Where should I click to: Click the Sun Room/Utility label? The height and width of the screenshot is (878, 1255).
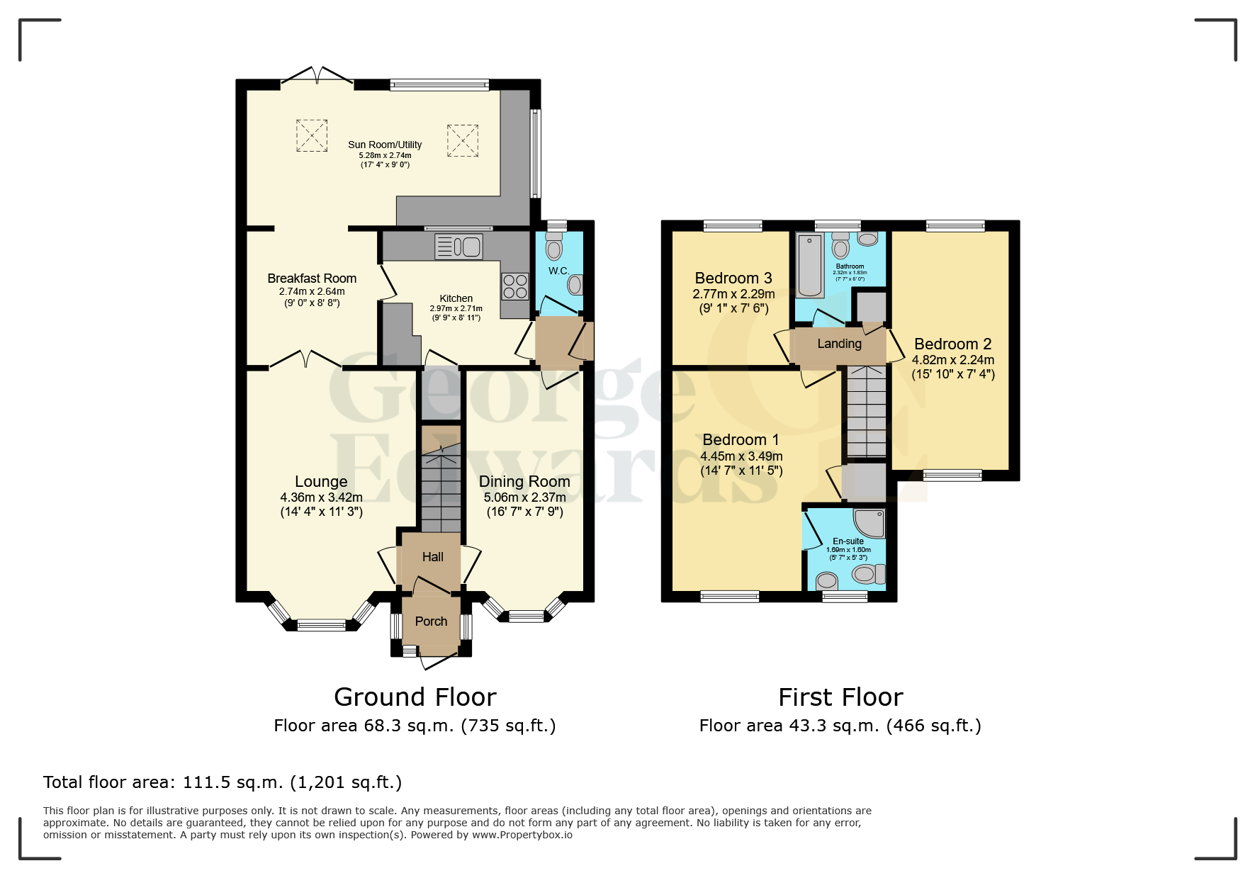tap(385, 145)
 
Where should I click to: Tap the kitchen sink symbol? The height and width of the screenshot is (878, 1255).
tap(458, 247)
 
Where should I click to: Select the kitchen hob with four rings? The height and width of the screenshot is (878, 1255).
tap(515, 286)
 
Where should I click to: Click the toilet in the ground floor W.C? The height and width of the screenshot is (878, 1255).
tap(553, 246)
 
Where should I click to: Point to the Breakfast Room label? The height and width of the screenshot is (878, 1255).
tap(312, 278)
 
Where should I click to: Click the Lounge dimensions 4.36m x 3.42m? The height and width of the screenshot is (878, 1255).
tap(321, 497)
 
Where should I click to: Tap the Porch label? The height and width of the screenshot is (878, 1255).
tap(431, 621)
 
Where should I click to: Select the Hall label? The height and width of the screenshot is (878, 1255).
tap(432, 557)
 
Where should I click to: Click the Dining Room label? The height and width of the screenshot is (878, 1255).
tap(524, 482)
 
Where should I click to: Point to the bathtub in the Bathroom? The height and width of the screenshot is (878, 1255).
tap(809, 266)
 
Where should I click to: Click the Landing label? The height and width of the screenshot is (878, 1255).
tap(839, 344)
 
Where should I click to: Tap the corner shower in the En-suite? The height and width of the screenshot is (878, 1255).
tap(870, 523)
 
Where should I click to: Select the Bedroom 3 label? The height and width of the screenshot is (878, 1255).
tap(733, 278)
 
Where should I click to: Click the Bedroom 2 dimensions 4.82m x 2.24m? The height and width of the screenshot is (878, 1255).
tap(952, 360)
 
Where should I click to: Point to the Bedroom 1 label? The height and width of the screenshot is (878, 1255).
tap(741, 439)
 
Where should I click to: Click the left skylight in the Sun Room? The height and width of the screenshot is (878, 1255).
tap(312, 135)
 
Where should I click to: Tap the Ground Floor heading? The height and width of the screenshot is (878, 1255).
tap(415, 697)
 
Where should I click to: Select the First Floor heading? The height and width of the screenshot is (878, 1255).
tap(840, 697)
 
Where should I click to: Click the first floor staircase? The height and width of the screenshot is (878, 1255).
tap(867, 411)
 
